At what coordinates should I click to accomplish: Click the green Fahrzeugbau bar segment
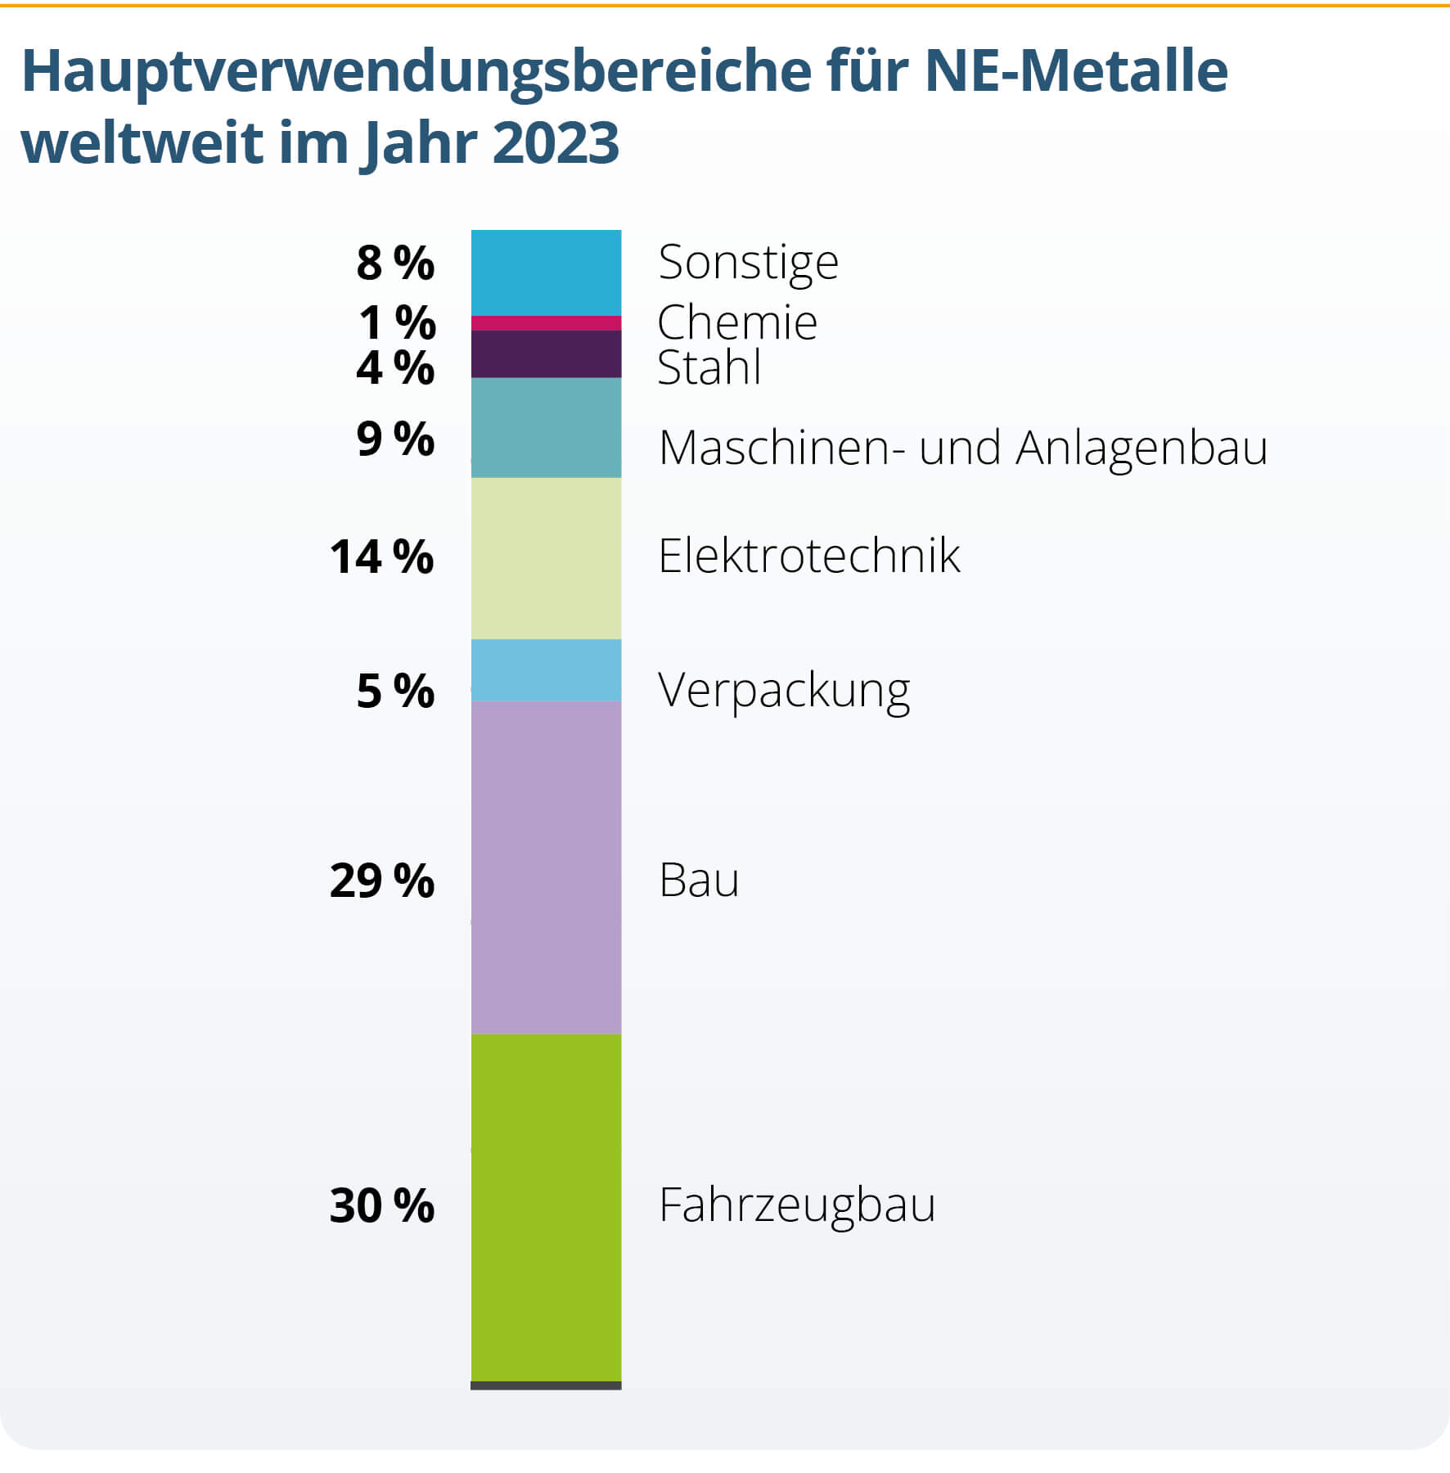pos(546,1207)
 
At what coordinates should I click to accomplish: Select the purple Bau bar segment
pos(546,867)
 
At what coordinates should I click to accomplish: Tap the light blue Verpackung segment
pos(546,670)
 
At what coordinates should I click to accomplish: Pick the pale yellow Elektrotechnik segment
pos(546,558)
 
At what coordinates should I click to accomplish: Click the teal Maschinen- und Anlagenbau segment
pos(546,427)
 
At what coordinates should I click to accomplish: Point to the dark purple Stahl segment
pos(546,354)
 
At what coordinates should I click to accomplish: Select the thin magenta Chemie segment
pos(546,323)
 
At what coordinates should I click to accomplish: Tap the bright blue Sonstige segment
pos(546,273)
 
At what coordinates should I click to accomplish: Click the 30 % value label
pos(381,1205)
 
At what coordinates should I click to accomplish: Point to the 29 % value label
pos(381,881)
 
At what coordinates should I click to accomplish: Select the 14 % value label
pos(381,557)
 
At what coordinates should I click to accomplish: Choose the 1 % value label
pos(397,322)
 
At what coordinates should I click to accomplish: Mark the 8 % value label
pos(395,263)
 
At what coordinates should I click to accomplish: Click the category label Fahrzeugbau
pos(796,1205)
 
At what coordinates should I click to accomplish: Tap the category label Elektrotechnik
pos(808,556)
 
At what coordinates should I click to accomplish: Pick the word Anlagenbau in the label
pos(1142,448)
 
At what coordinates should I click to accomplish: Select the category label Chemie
pos(736,322)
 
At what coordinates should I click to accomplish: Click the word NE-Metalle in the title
pos(1076,72)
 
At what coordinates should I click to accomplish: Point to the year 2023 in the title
pos(556,143)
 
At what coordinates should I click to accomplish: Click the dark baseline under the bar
pos(546,1385)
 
